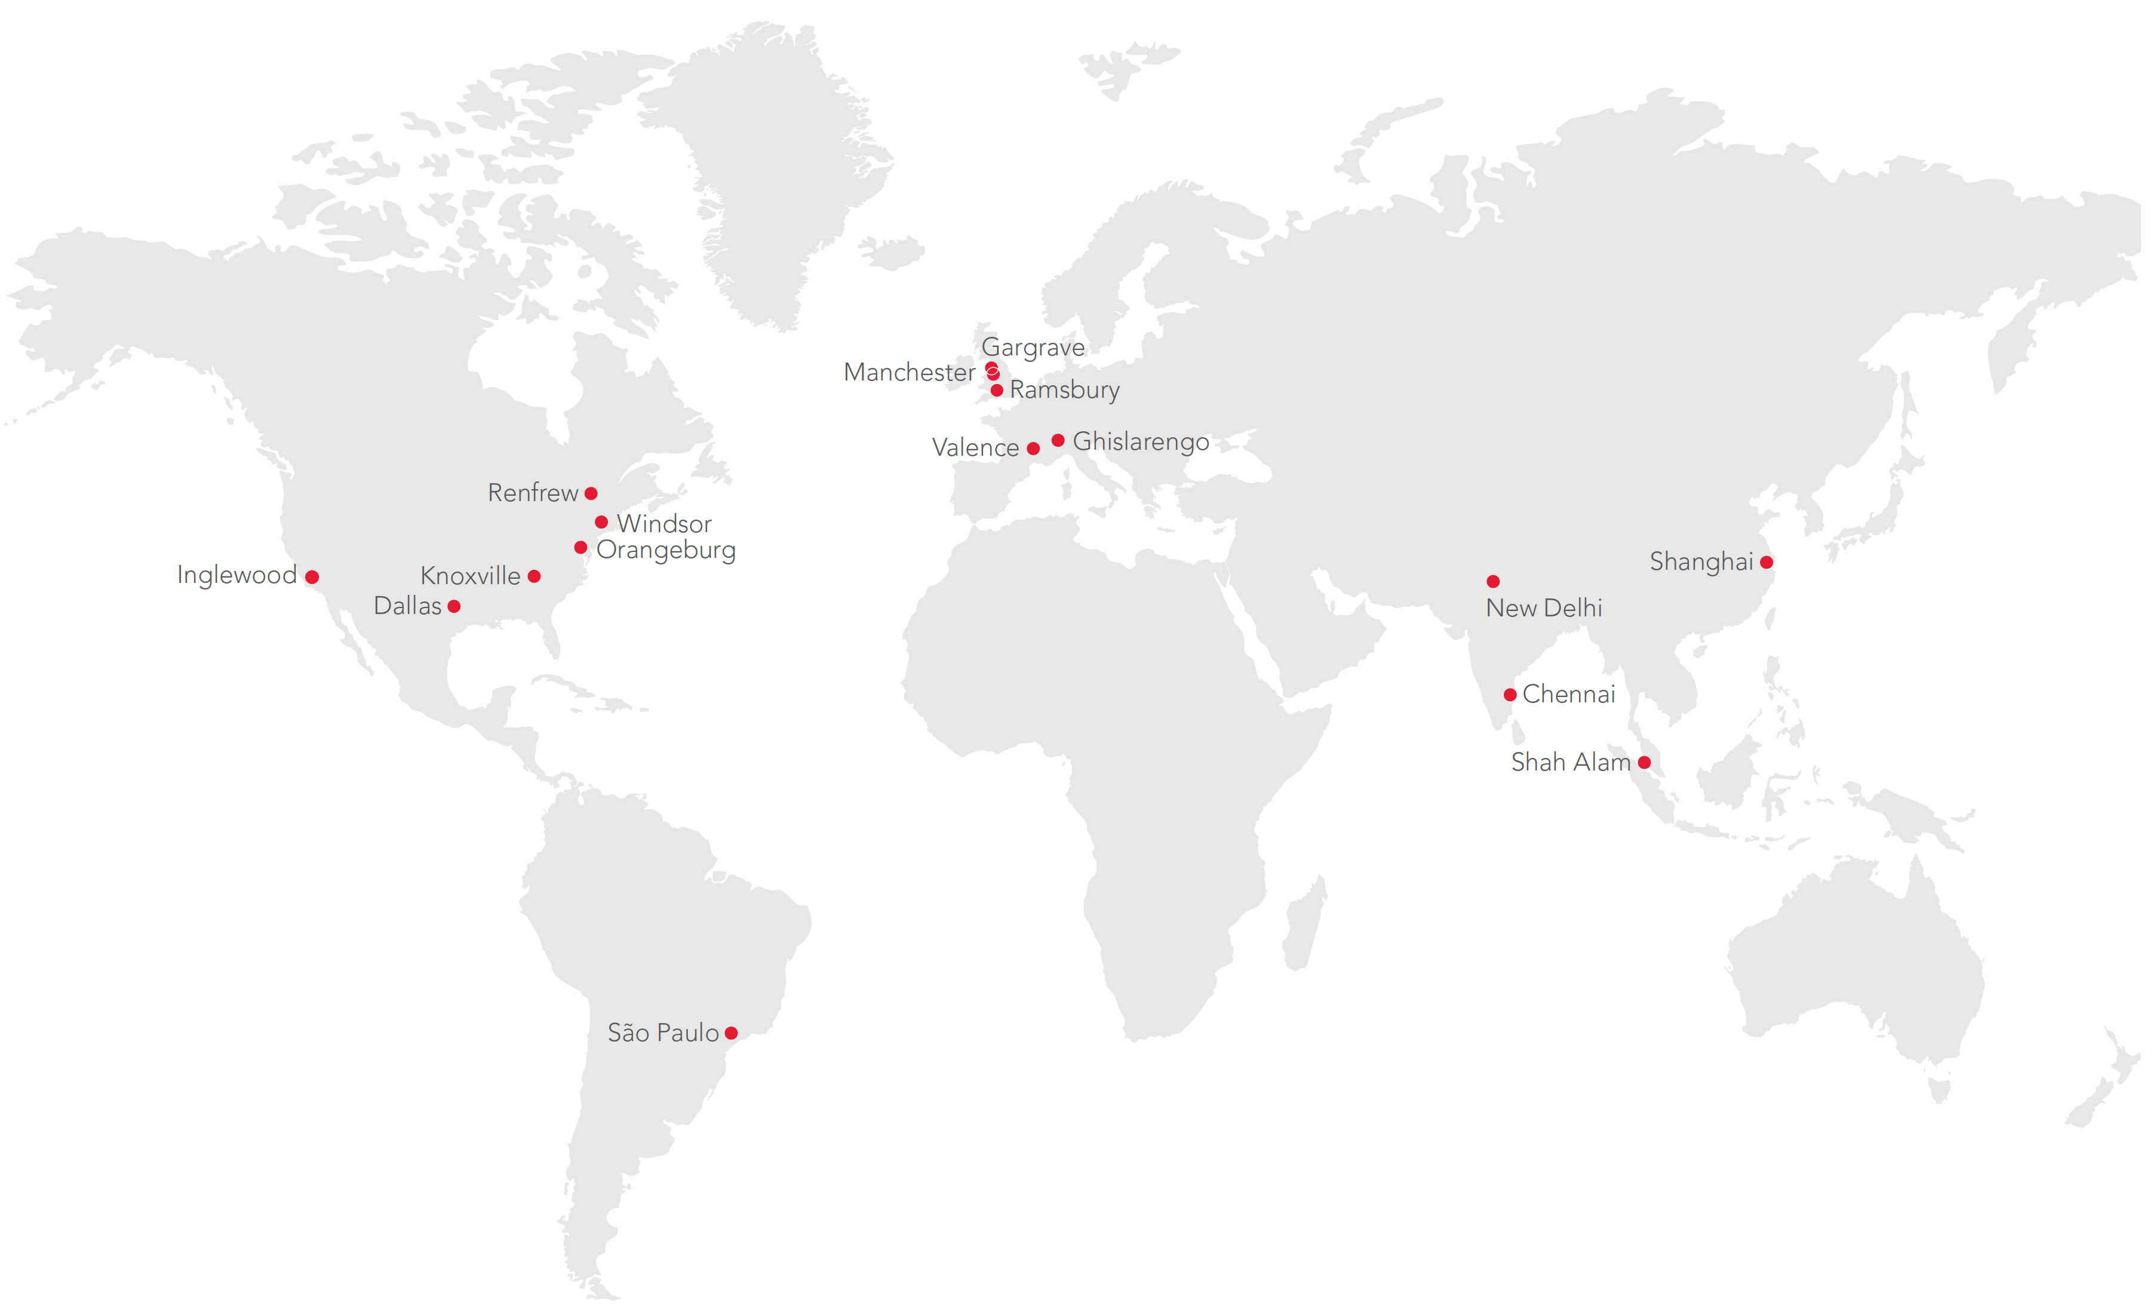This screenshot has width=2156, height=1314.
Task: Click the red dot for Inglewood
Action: pos(312,578)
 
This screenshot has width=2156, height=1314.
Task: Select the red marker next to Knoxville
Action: pos(534,576)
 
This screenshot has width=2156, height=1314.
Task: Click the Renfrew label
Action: pos(532,493)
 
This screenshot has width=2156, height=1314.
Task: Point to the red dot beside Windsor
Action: pos(601,522)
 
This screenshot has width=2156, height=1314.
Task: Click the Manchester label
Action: pos(908,373)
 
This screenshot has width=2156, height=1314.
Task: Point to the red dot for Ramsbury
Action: pos(997,390)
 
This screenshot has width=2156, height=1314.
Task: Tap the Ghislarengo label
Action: pos(1140,442)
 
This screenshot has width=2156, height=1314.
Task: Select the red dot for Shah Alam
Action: pos(1644,763)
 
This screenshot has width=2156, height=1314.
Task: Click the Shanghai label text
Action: pos(1700,561)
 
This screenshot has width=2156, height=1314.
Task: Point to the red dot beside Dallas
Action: pos(453,606)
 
